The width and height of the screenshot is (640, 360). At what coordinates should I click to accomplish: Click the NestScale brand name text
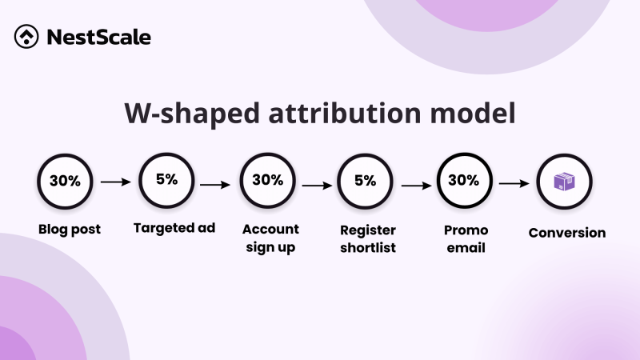(98, 37)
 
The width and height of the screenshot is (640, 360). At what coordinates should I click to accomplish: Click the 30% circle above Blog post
(65, 181)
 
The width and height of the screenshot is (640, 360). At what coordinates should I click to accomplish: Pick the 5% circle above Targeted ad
(166, 180)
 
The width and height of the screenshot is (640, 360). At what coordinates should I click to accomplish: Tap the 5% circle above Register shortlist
(365, 181)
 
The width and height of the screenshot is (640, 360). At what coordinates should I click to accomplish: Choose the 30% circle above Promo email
(465, 181)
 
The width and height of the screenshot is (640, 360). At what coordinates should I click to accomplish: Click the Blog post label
(70, 230)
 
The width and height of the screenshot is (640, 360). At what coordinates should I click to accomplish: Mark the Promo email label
(466, 238)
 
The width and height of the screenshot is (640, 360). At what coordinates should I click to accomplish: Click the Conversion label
(566, 233)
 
